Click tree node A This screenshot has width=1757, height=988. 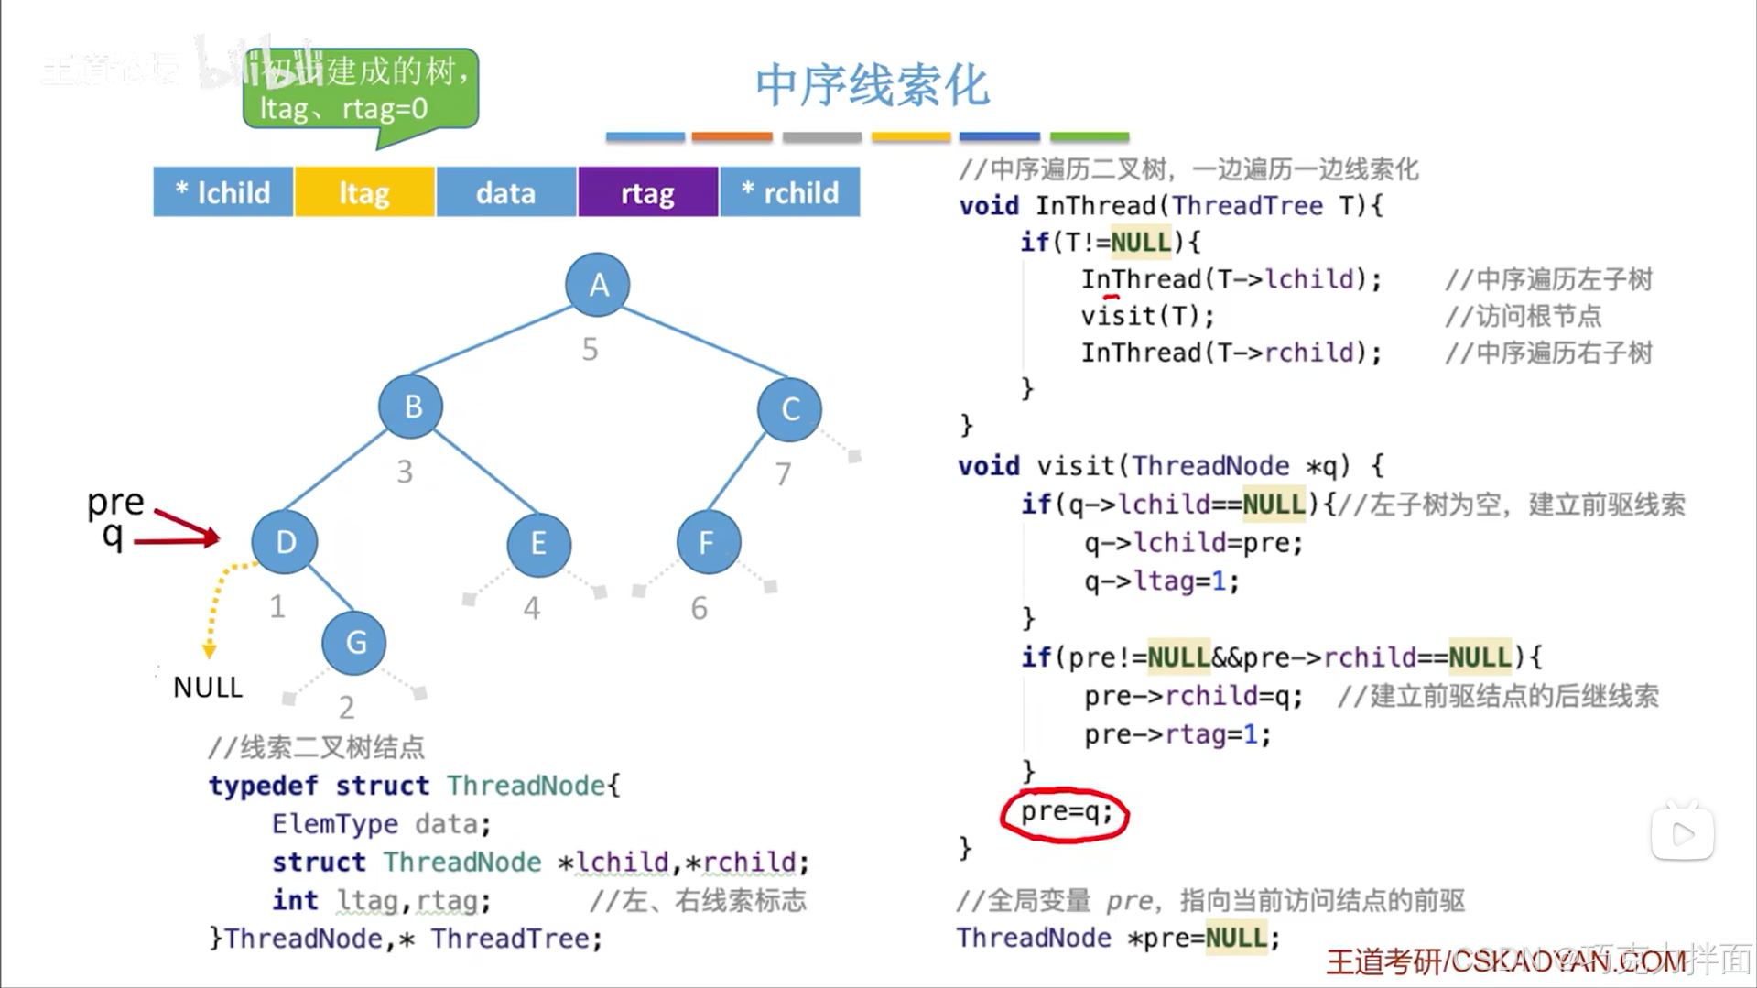click(598, 285)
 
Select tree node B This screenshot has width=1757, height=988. click(411, 407)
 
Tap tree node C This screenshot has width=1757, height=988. click(789, 409)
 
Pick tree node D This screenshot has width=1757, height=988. click(285, 542)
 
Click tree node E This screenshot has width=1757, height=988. click(538, 544)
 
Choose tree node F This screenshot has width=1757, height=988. click(708, 543)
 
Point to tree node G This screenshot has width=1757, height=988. click(354, 643)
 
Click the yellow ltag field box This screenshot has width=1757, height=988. click(364, 192)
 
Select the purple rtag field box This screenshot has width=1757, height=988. click(647, 192)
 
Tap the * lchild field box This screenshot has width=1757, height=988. click(223, 192)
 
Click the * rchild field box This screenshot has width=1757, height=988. click(790, 192)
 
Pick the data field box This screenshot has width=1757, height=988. click(506, 192)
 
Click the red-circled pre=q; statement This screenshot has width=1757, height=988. click(1065, 813)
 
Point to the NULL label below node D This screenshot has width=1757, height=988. click(208, 688)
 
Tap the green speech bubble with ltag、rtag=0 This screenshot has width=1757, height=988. click(361, 91)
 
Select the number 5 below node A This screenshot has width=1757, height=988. click(591, 349)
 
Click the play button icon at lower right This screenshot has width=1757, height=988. click(1682, 833)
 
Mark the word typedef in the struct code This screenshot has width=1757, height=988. click(263, 786)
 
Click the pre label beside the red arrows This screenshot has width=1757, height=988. click(115, 502)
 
